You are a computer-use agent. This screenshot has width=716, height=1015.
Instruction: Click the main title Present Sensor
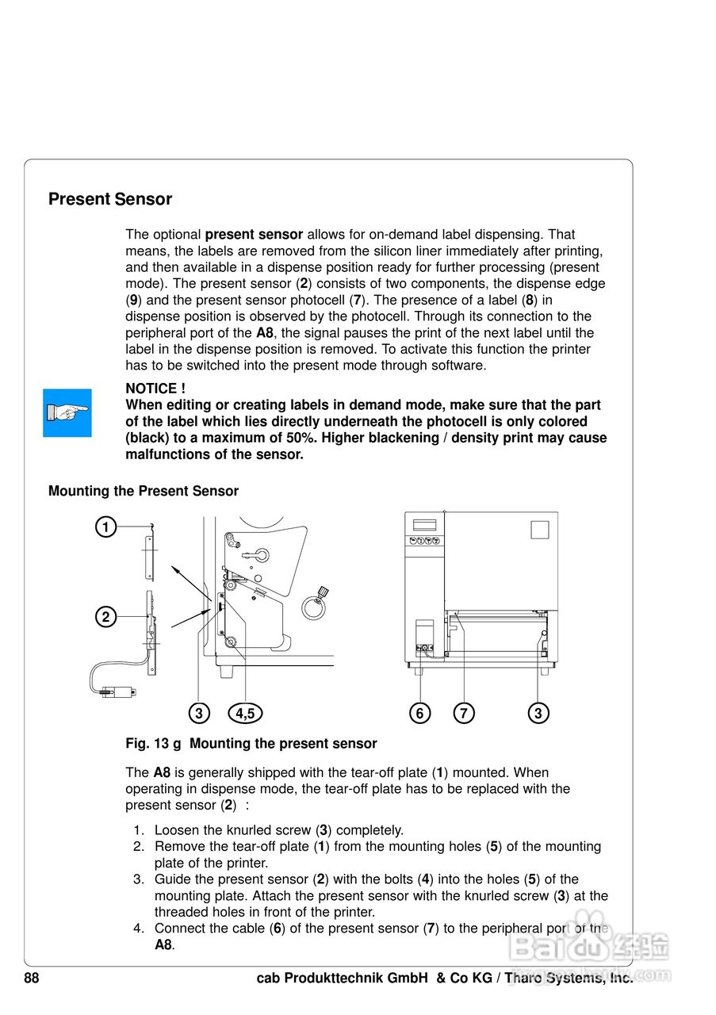tap(110, 199)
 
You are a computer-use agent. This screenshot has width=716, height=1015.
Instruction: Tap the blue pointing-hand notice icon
tap(67, 412)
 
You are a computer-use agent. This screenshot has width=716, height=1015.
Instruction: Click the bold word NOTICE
tap(151, 389)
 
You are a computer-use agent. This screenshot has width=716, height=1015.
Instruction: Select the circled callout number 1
tap(105, 526)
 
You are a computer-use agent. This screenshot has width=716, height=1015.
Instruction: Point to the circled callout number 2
tap(105, 616)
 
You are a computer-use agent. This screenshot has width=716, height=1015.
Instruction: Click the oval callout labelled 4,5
tap(245, 714)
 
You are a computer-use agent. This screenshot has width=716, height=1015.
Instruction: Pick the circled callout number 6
tap(420, 714)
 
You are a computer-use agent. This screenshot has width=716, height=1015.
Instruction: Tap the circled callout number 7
tap(464, 714)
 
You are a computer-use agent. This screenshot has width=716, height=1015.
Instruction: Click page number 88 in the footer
tap(32, 979)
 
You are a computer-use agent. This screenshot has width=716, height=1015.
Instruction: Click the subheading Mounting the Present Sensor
tap(144, 491)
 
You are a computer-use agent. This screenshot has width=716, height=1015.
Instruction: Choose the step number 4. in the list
tap(138, 928)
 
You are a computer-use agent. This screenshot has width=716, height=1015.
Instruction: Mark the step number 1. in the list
tap(138, 830)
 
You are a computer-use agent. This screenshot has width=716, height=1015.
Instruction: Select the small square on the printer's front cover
tap(539, 530)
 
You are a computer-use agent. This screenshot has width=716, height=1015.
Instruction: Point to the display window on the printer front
tap(425, 525)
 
